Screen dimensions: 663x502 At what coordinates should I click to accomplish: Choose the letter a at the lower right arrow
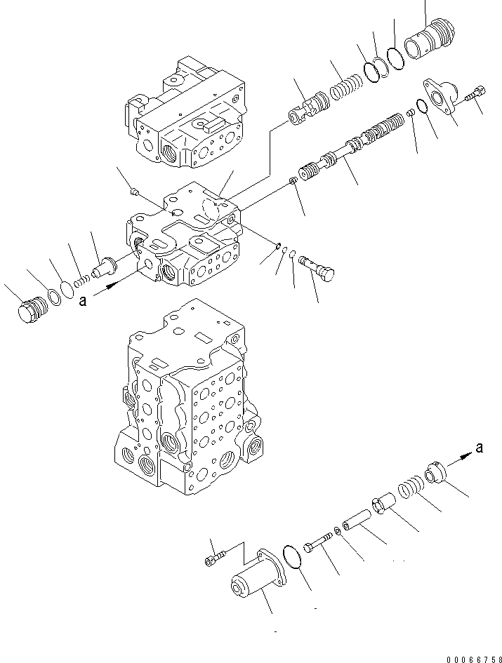[478, 450]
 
